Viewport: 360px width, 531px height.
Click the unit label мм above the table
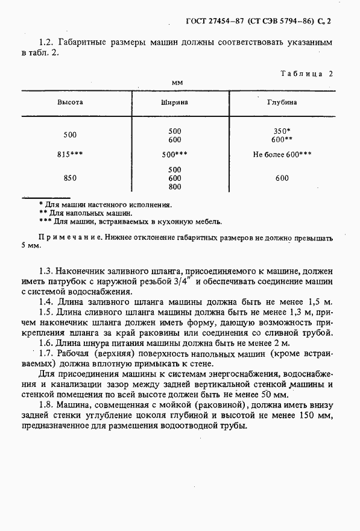177,82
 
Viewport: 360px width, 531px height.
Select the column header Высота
70,102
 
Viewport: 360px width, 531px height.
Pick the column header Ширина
175,102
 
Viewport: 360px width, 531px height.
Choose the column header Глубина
282,102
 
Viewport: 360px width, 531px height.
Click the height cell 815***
70,154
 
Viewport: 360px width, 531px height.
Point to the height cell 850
70,178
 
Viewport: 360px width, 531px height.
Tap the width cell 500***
175,154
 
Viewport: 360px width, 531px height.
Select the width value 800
175,187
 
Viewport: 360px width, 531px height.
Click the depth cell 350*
282,131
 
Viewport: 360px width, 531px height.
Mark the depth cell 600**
282,139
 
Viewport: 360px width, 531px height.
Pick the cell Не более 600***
282,154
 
